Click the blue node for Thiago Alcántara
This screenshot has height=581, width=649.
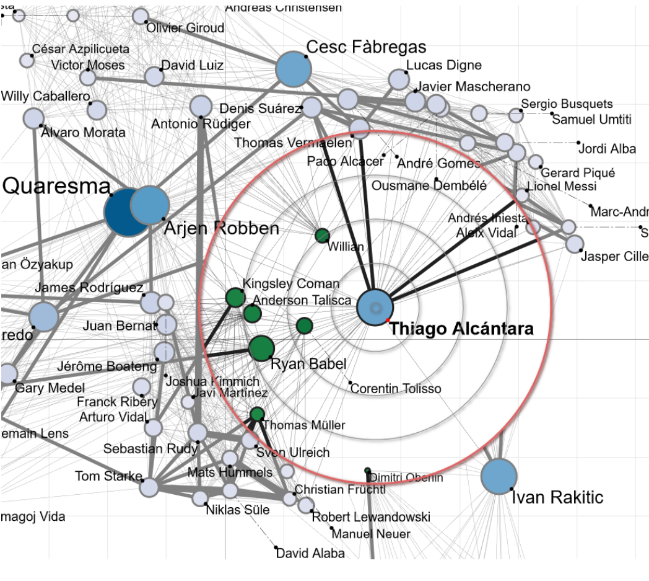[x=375, y=307]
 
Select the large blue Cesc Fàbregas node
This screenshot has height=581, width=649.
[x=293, y=69]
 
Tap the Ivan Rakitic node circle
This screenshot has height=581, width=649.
[x=499, y=476]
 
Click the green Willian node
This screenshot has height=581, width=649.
[x=322, y=236]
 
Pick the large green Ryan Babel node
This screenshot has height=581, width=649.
[x=261, y=348]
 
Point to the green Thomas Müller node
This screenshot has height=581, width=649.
[x=257, y=414]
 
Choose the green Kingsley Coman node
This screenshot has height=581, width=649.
[x=235, y=298]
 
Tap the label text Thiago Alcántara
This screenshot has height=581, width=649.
[x=461, y=329]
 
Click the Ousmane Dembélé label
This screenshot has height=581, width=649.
[x=429, y=185]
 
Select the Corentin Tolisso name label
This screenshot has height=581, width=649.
[x=396, y=389]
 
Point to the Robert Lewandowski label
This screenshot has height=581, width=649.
[x=370, y=517]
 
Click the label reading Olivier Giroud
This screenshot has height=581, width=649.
[x=185, y=28]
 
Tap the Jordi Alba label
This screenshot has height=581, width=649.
[x=606, y=149]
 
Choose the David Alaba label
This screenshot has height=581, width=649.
[x=310, y=553]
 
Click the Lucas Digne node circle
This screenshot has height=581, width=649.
[x=399, y=79]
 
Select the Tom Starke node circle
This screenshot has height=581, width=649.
[x=149, y=487]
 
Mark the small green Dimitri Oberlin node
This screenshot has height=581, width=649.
[x=367, y=470]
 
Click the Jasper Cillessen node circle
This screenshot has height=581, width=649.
[x=574, y=244]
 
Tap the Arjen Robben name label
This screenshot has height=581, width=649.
[x=222, y=229]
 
